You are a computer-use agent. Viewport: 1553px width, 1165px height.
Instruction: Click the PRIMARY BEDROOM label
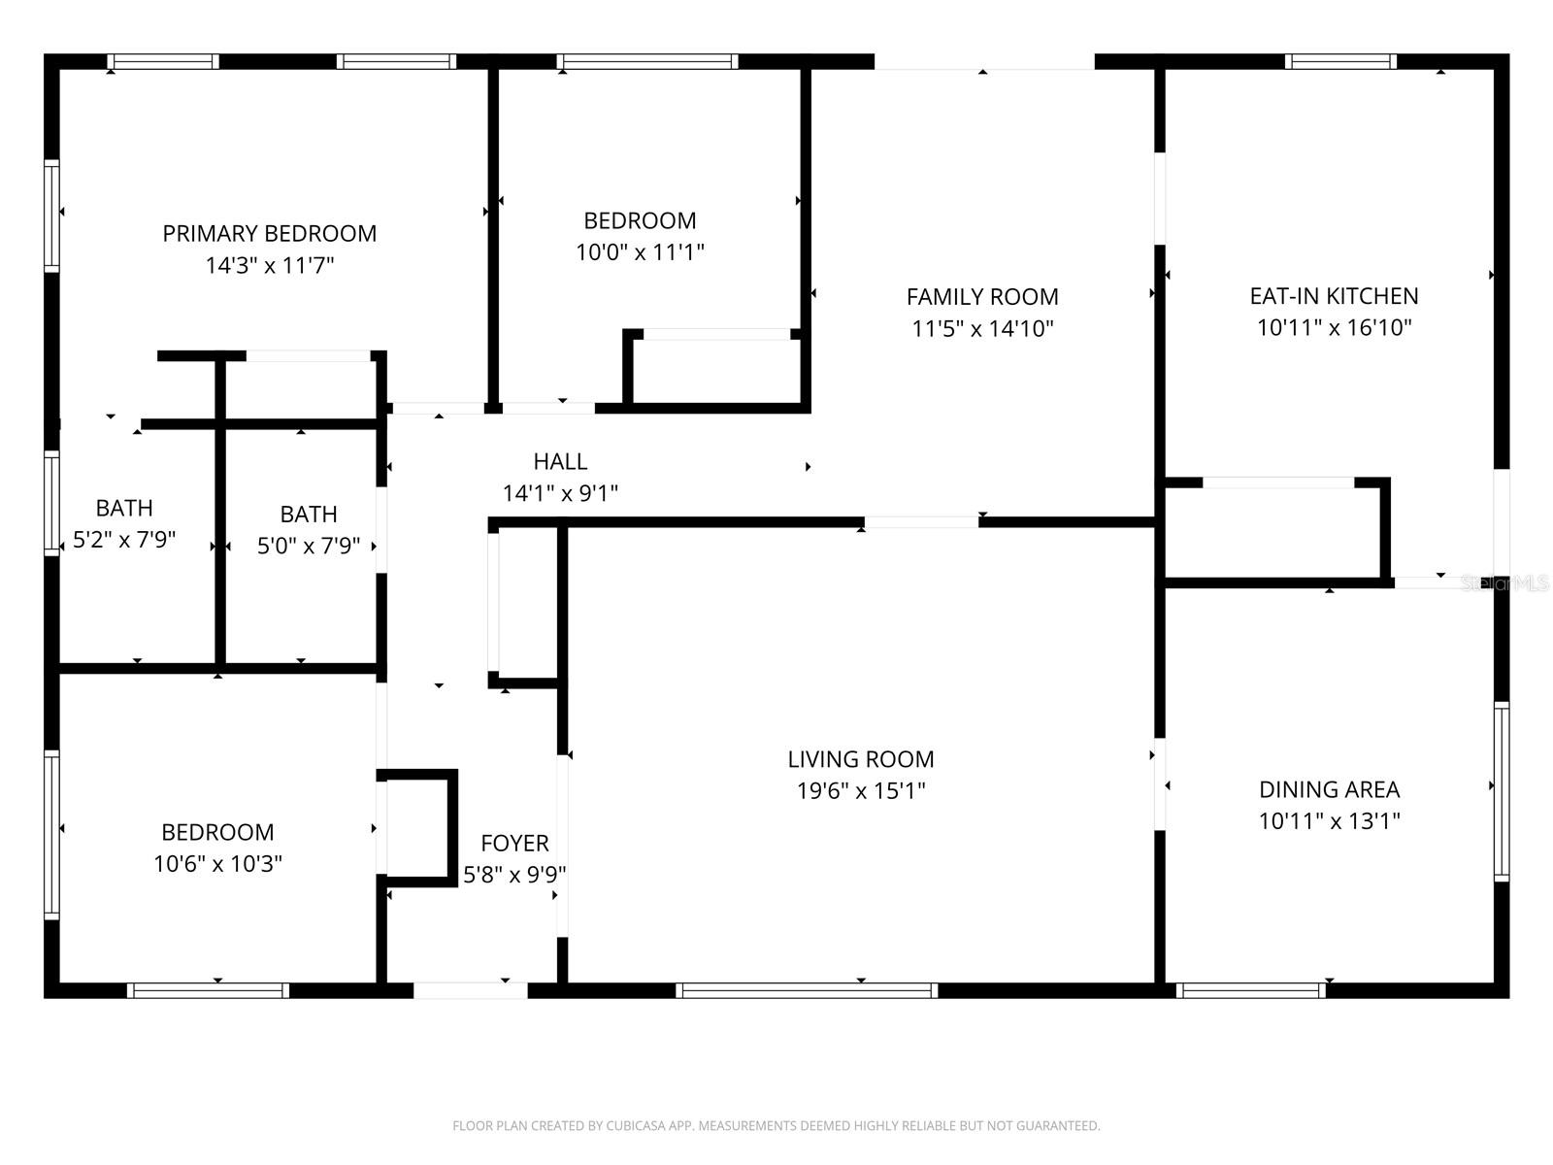pyautogui.click(x=270, y=233)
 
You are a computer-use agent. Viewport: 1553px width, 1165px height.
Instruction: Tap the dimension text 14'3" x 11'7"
pyautogui.click(x=270, y=265)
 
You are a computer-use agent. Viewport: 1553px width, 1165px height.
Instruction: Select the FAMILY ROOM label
pyautogui.click(x=982, y=297)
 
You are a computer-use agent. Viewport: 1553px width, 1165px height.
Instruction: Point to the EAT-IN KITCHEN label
pyautogui.click(x=1335, y=296)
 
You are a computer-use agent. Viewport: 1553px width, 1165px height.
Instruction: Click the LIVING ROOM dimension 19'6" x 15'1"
pyautogui.click(x=861, y=790)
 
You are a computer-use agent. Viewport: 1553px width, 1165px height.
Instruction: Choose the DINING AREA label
pyautogui.click(x=1330, y=789)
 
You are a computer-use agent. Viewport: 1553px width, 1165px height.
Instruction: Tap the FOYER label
pyautogui.click(x=514, y=843)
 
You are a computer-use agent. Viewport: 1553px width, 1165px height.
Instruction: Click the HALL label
pyautogui.click(x=560, y=461)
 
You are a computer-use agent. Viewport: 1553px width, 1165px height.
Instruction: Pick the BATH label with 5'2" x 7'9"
pyautogui.click(x=124, y=508)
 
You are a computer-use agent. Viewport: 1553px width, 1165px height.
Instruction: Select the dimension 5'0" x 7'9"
pyautogui.click(x=309, y=546)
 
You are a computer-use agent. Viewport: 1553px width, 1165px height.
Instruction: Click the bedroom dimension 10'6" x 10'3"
pyautogui.click(x=218, y=864)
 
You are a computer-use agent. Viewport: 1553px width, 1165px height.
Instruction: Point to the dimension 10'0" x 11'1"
pyautogui.click(x=641, y=251)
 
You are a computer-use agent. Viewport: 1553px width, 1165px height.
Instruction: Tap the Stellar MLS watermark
pyautogui.click(x=1504, y=583)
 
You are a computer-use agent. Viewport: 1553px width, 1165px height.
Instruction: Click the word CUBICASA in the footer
pyautogui.click(x=635, y=1125)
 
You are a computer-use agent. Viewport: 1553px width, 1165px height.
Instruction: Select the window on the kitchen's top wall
pyautogui.click(x=1340, y=61)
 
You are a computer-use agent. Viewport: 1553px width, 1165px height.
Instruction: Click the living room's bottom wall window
pyautogui.click(x=807, y=990)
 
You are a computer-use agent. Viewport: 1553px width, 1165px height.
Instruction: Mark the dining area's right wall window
pyautogui.click(x=1502, y=791)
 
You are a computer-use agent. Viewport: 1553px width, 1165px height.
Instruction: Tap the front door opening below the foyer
pyautogui.click(x=471, y=990)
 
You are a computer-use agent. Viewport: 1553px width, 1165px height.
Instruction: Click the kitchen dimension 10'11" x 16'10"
pyautogui.click(x=1335, y=327)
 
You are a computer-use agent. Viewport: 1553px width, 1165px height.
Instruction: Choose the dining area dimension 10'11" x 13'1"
pyautogui.click(x=1330, y=821)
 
